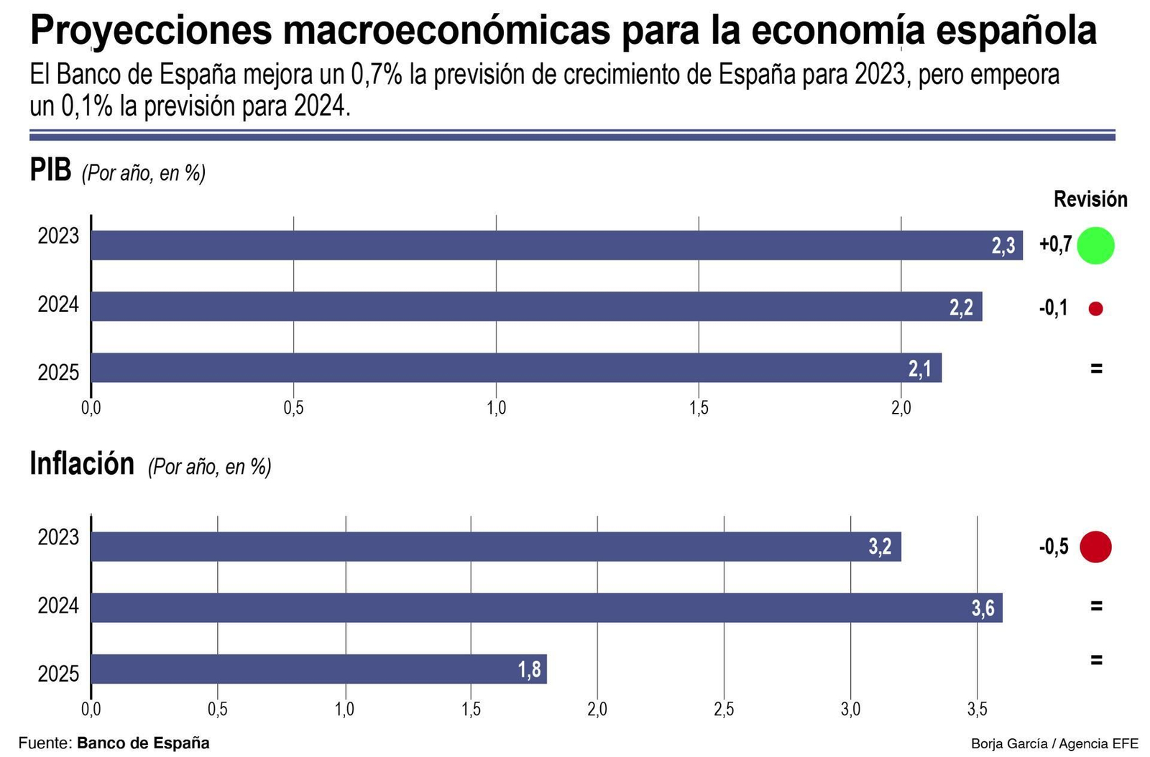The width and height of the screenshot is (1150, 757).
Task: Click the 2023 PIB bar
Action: (556, 245)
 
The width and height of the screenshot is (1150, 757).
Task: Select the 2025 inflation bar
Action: (318, 669)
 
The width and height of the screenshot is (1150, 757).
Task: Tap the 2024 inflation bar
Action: (546, 608)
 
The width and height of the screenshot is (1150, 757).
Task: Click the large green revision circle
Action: (1095, 245)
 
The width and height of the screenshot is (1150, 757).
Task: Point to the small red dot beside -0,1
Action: (1095, 309)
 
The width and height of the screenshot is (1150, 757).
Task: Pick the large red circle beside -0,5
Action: (1095, 547)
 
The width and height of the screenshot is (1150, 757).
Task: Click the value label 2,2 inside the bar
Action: (961, 307)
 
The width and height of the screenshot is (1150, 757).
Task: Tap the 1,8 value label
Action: (529, 669)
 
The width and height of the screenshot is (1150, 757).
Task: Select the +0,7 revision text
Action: (1055, 245)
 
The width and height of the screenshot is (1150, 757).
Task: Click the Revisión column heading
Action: (1090, 199)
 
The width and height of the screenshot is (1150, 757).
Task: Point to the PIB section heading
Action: (50, 170)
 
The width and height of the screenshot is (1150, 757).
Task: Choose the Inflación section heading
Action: (82, 464)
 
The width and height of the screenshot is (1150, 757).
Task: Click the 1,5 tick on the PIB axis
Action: (699, 408)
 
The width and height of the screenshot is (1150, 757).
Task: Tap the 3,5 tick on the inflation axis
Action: (977, 710)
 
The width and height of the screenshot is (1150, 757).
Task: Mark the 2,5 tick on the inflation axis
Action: (724, 710)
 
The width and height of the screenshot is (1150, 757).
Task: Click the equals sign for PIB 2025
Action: (1096, 368)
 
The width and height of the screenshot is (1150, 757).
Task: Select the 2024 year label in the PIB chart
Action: (58, 305)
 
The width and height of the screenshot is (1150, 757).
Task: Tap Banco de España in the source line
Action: (143, 743)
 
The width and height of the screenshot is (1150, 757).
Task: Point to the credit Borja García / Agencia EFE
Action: (1054, 743)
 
